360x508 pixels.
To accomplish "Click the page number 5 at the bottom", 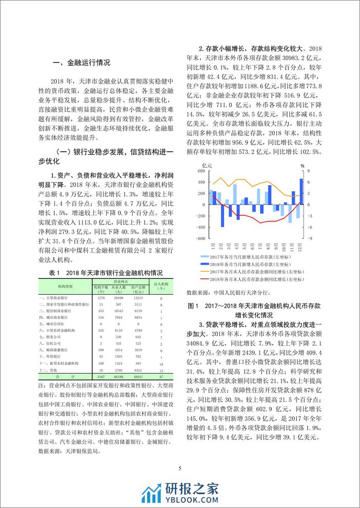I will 179,468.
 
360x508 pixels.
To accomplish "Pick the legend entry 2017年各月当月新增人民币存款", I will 250,255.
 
